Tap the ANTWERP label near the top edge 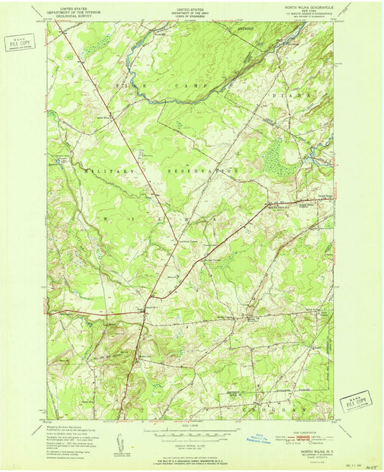click(x=246, y=29)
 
